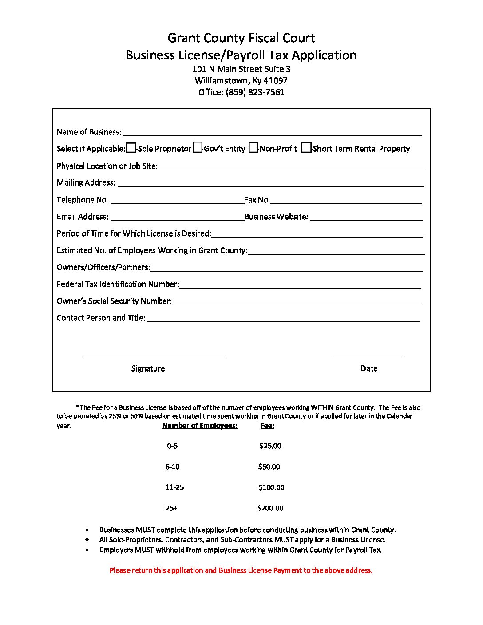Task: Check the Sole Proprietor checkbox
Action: (x=131, y=148)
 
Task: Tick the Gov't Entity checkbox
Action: (x=198, y=148)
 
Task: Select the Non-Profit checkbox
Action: (x=253, y=148)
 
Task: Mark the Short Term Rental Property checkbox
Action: (x=306, y=148)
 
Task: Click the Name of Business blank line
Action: (x=272, y=132)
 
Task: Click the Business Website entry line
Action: (x=366, y=217)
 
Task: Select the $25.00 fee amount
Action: (x=270, y=446)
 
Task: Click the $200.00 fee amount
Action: (x=270, y=508)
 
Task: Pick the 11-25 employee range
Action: (x=174, y=487)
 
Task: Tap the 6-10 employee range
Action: (x=172, y=467)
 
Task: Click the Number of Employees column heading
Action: (x=200, y=426)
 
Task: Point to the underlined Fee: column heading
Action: (x=267, y=426)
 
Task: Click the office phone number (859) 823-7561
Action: (x=255, y=92)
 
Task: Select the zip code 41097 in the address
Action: (x=275, y=81)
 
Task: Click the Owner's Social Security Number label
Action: (x=114, y=301)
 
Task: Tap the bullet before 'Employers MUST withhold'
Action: (x=87, y=550)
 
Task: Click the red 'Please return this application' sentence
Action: (x=241, y=570)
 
